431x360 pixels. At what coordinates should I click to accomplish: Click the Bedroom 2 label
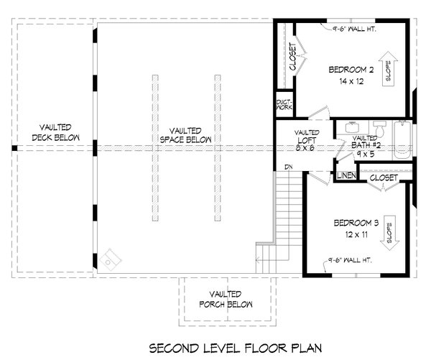(x=352, y=70)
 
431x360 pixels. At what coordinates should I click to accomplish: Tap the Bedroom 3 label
(x=351, y=223)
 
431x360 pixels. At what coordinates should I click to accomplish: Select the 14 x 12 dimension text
(x=351, y=81)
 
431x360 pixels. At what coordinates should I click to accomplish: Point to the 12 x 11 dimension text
(x=351, y=234)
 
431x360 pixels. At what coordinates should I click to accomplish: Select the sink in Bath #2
(x=352, y=127)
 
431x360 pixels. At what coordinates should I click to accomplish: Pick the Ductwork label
(x=284, y=106)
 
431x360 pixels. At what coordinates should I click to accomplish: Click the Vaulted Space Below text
(x=182, y=132)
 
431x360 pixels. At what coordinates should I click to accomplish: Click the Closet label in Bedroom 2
(x=293, y=56)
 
